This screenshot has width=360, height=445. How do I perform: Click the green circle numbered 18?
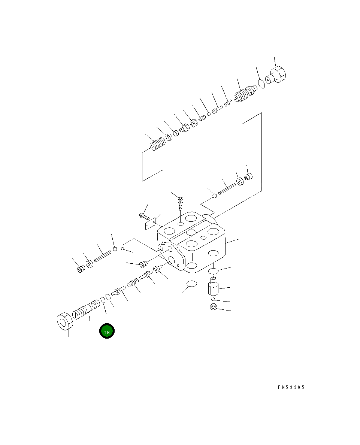pos(107,331)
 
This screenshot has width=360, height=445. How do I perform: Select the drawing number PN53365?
pos(291,387)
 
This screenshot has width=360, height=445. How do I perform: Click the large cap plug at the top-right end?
pos(278,75)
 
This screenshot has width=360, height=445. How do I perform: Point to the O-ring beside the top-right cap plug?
pos(262,84)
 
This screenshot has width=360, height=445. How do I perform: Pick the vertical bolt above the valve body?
pos(180,203)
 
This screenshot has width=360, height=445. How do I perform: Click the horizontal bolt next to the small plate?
pos(144,216)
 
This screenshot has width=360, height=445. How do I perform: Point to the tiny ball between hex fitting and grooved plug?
pos(213,299)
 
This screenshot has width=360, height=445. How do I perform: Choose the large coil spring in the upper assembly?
pos(158,144)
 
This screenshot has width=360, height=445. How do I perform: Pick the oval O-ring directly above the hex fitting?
pos(213,271)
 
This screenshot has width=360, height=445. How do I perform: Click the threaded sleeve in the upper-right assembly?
pos(245,94)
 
